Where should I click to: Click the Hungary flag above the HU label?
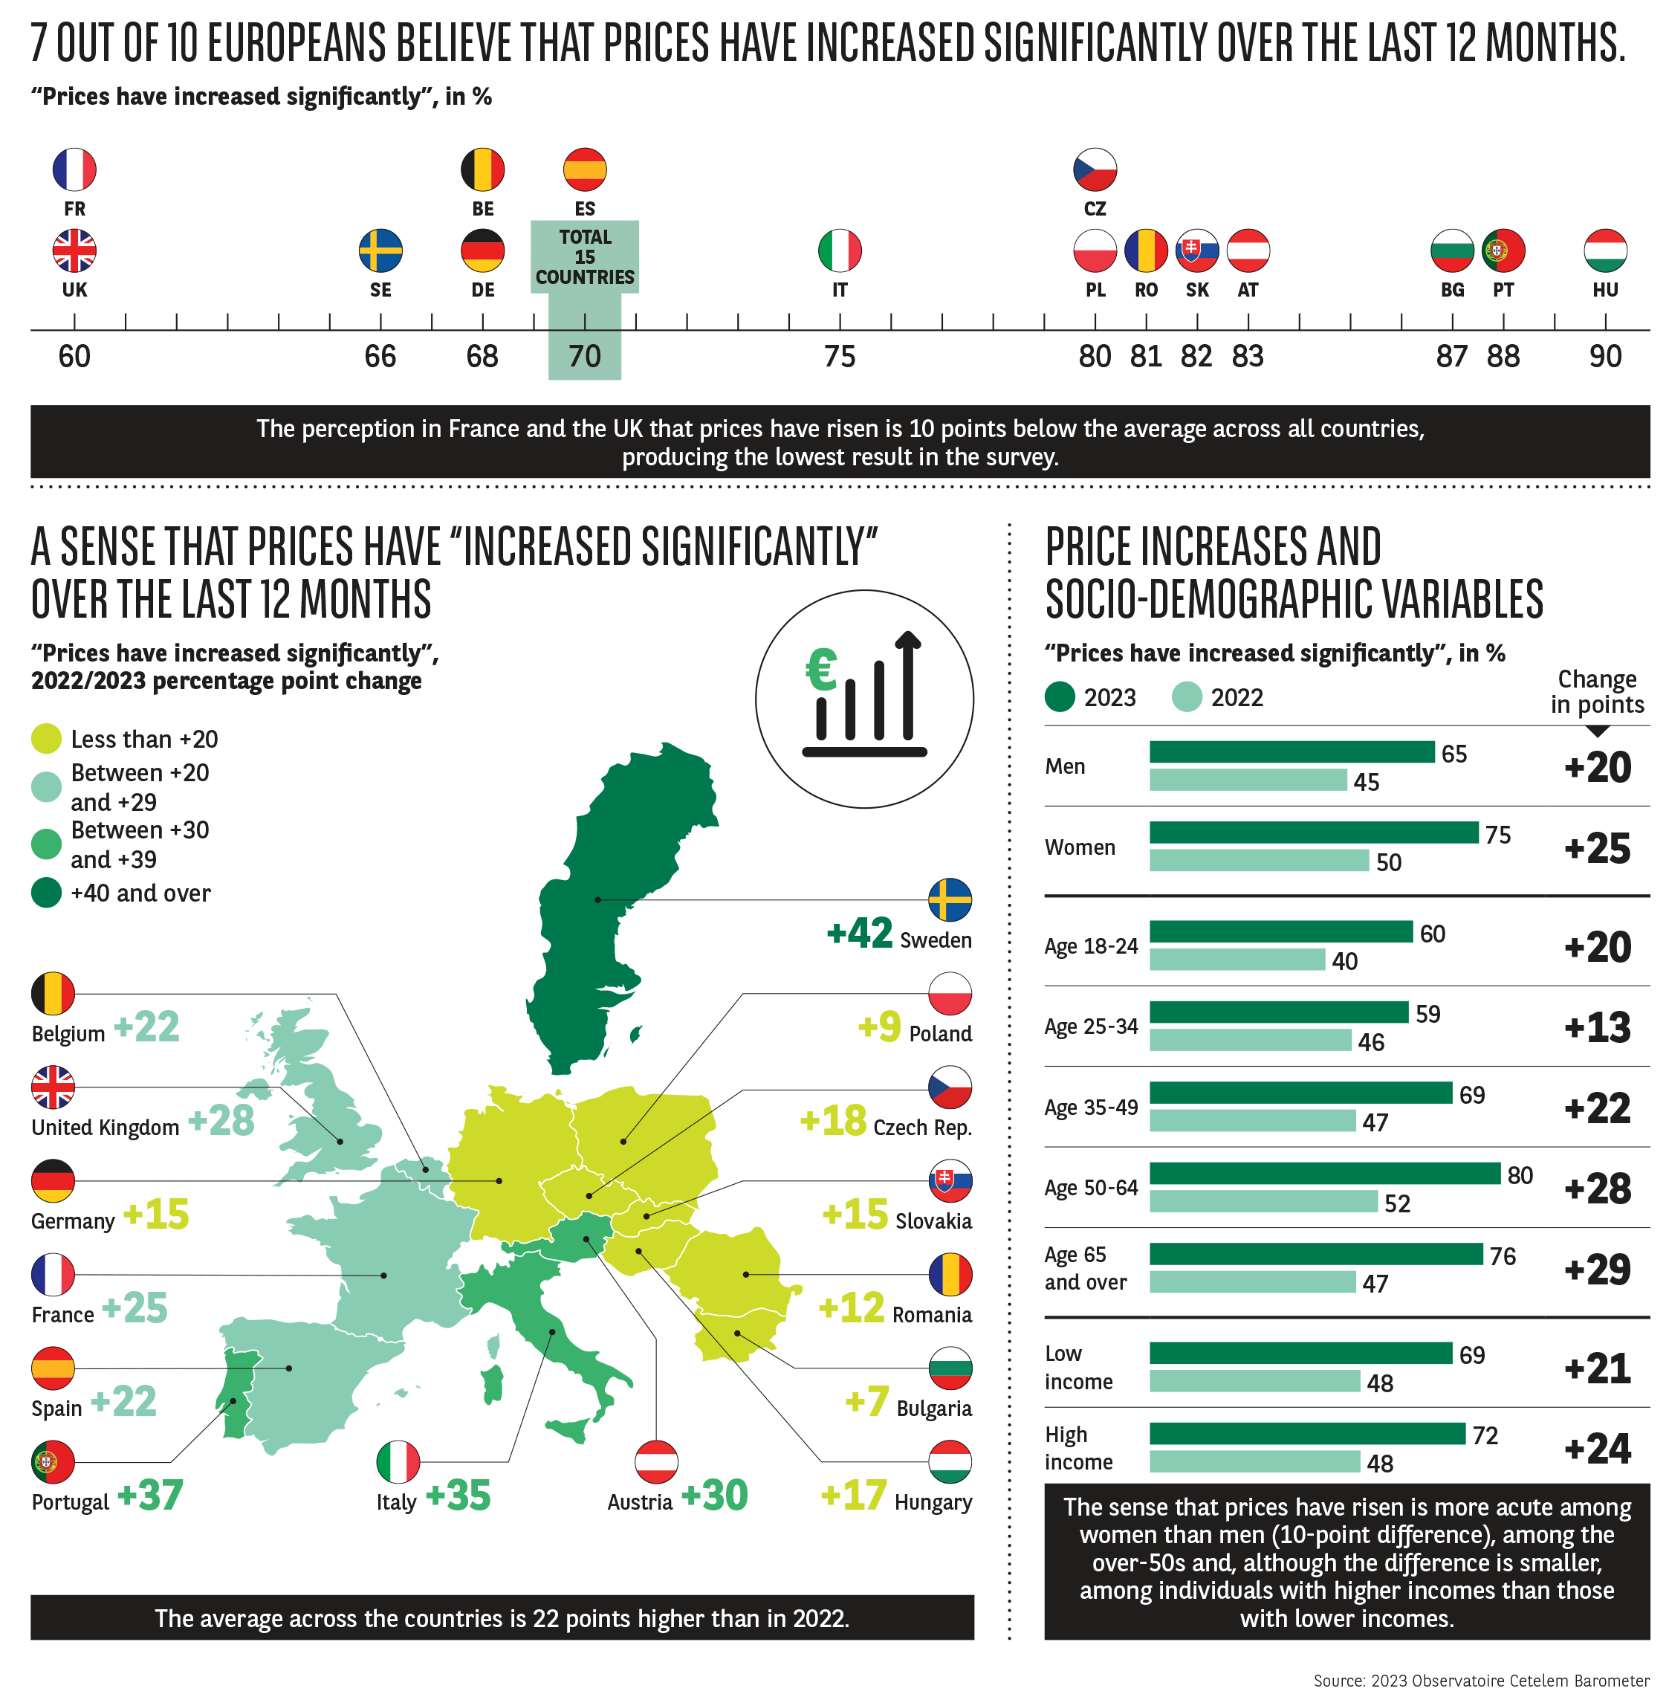(1605, 250)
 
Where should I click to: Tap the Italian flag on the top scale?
(839, 250)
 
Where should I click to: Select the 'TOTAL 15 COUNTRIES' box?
(585, 257)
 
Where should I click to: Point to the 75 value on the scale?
(839, 356)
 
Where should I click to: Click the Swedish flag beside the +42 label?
(950, 899)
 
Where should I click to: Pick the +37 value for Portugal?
(150, 1495)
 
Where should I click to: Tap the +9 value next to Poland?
(879, 1026)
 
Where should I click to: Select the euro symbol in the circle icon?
(822, 670)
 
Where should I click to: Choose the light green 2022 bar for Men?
(1248, 780)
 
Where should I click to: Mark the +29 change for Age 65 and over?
(1597, 1269)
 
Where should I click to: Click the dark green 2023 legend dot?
(1060, 697)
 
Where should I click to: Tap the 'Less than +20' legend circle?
(47, 738)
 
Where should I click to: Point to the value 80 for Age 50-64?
(1520, 1175)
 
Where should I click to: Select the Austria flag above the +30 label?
(657, 1461)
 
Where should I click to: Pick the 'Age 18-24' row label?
(1090, 946)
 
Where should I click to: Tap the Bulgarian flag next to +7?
(950, 1368)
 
